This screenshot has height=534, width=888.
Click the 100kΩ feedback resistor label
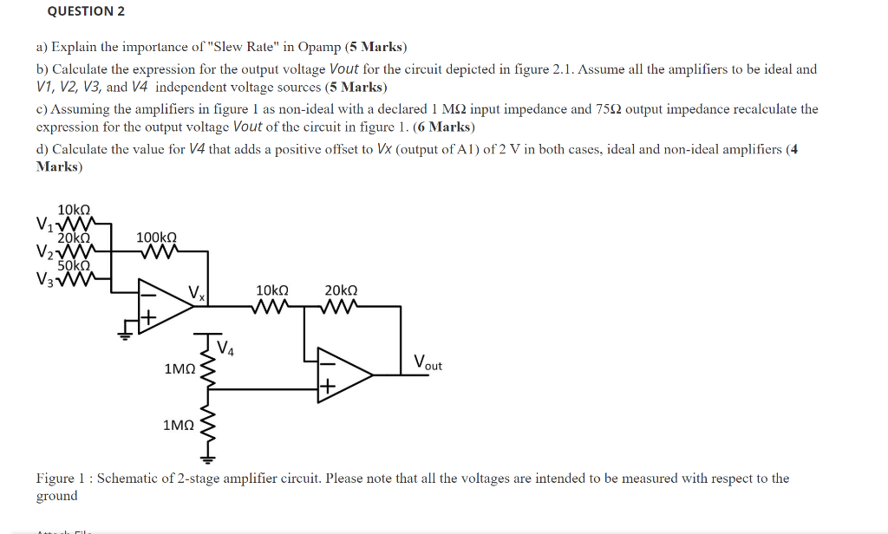point(157,237)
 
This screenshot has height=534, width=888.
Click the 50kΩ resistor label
point(74,266)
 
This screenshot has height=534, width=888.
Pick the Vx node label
point(198,294)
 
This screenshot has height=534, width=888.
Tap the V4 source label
point(225,349)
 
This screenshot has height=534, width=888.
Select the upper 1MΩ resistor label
point(180,369)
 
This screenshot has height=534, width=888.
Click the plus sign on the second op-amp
point(327,388)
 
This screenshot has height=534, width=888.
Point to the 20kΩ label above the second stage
point(341,291)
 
